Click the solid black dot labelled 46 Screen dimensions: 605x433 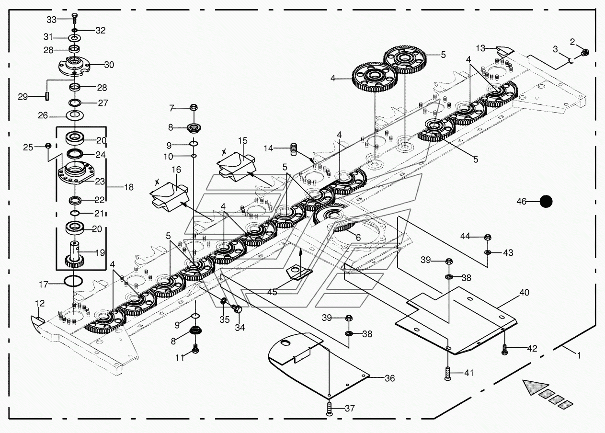[546, 202]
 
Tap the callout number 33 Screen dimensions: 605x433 [52, 20]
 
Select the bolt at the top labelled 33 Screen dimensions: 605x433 [75, 18]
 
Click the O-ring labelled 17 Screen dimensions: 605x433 [73, 281]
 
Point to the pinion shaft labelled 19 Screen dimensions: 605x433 [74, 254]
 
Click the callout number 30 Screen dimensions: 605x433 [109, 65]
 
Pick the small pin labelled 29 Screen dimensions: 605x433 [47, 96]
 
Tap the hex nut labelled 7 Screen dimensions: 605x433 [194, 107]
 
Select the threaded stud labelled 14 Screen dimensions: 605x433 [294, 149]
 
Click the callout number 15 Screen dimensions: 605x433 [243, 141]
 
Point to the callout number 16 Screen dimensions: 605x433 [176, 170]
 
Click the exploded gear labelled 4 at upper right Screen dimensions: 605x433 [375, 77]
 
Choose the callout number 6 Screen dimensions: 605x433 [358, 238]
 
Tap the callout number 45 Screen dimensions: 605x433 [272, 292]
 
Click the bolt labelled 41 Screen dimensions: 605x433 [447, 374]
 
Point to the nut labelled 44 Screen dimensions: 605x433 [488, 238]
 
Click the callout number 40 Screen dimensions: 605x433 [524, 293]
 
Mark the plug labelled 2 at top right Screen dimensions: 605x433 [585, 52]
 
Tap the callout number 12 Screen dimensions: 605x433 [40, 303]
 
